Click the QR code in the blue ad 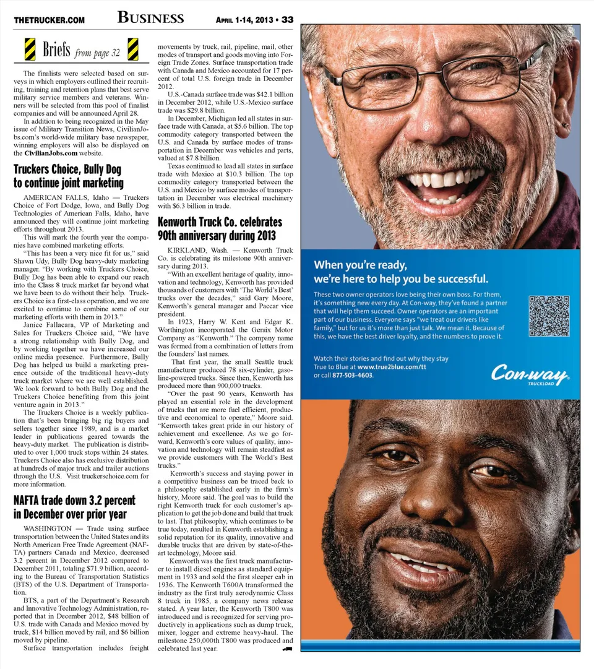tap(549, 316)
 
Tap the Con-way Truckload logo tap(530, 374)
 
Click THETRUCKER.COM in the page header tap(49, 20)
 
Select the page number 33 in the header tap(287, 19)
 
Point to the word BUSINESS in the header tap(150, 17)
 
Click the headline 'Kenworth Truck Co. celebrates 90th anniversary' tap(220, 228)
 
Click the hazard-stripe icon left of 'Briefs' tap(30, 49)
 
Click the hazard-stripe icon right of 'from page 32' tap(132, 49)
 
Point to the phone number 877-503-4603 tap(352, 375)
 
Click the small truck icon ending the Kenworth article tap(286, 649)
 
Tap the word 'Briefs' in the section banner tap(56, 50)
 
